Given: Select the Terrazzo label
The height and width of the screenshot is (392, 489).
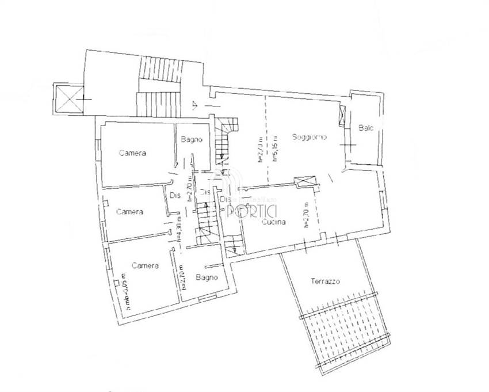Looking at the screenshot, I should tap(326, 282).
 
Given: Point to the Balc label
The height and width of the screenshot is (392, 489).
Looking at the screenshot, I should tap(366, 128).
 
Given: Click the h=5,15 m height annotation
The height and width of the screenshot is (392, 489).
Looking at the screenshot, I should tap(276, 149).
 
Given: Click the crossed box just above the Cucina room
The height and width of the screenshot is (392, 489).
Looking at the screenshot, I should tap(305, 181).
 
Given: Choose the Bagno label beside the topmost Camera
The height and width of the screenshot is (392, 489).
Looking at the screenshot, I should tap(190, 139).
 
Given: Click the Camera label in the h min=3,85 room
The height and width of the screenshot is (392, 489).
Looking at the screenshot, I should tap(145, 266).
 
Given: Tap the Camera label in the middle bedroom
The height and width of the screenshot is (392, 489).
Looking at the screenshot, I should tap(129, 212).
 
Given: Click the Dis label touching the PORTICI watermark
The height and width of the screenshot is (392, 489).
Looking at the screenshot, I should tap(225, 199).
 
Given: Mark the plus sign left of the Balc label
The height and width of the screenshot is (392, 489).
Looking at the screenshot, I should tap(347, 144).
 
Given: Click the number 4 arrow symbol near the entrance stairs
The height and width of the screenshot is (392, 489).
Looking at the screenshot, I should tap(195, 104).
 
